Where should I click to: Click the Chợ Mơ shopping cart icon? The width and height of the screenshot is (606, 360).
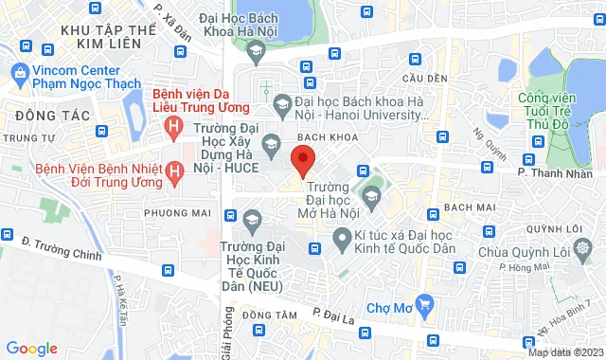[x=424, y=305]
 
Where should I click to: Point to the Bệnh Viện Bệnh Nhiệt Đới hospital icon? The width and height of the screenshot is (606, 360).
[x=174, y=171]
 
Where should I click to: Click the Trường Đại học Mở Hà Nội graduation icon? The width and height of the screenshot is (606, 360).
[x=371, y=196]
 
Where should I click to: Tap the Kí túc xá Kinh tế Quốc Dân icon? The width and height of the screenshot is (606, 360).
[x=341, y=247]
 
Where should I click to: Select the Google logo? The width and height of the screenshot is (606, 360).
[x=31, y=348]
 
